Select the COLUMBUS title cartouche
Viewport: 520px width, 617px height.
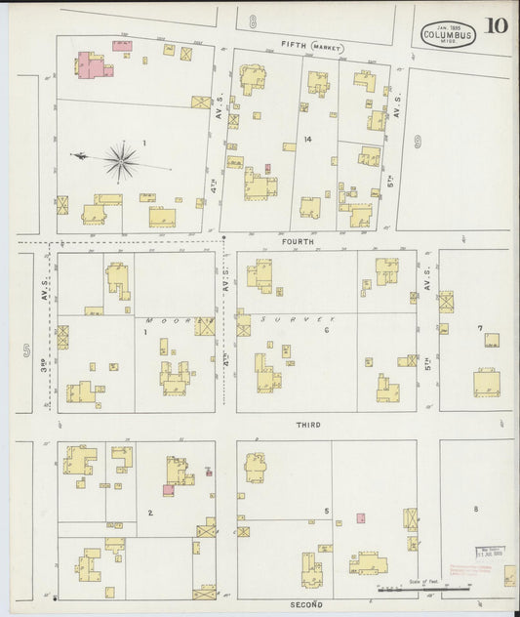pos(448,35)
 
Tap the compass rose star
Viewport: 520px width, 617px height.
pos(121,162)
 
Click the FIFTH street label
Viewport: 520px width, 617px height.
pos(295,45)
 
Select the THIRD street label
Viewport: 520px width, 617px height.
pos(308,425)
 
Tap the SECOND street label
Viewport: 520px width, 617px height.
pos(308,604)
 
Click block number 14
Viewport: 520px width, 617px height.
pos(307,141)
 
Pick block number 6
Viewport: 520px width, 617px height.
pos(327,332)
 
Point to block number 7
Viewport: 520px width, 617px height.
pos(479,328)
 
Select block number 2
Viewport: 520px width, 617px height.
pos(149,513)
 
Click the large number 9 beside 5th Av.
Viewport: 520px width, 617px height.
pos(418,143)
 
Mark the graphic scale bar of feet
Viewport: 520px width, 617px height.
pos(405,589)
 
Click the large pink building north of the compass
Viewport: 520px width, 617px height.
pos(95,65)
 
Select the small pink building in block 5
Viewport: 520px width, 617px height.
pos(361,517)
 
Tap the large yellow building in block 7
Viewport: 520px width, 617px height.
pos(486,381)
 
